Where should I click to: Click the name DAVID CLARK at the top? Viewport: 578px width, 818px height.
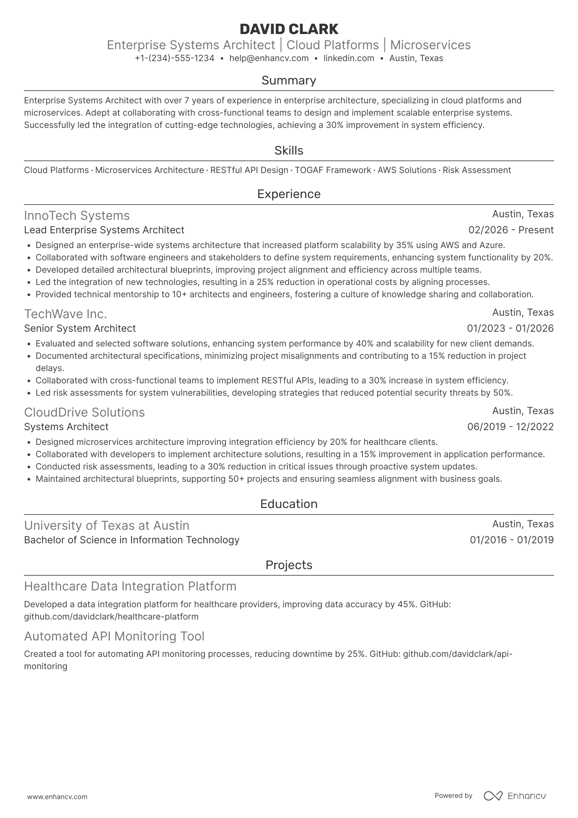(289, 29)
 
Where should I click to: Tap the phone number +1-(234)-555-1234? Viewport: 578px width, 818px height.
(175, 58)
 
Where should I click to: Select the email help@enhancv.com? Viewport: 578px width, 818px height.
(269, 58)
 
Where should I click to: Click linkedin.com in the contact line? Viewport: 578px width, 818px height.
(349, 58)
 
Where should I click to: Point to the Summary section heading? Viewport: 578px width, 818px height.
(289, 80)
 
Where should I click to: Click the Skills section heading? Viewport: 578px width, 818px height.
(289, 150)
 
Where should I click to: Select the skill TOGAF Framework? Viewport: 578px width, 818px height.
(333, 170)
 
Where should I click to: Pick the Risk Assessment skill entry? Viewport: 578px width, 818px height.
(477, 170)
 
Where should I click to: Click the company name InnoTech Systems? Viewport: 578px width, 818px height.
(77, 216)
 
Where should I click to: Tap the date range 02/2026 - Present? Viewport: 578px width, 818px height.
(511, 230)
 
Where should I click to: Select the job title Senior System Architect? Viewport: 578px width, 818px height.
(80, 328)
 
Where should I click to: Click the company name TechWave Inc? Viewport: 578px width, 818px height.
(66, 314)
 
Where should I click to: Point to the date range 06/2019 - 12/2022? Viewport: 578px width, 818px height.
(510, 427)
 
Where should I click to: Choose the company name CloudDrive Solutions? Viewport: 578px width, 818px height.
(84, 412)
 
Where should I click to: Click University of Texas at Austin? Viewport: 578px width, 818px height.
(107, 526)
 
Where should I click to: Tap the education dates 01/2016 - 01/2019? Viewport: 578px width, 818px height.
(512, 540)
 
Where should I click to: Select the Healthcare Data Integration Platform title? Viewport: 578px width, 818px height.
(130, 586)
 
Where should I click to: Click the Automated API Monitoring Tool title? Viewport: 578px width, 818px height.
(114, 636)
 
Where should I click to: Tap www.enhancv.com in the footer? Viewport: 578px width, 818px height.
(57, 797)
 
